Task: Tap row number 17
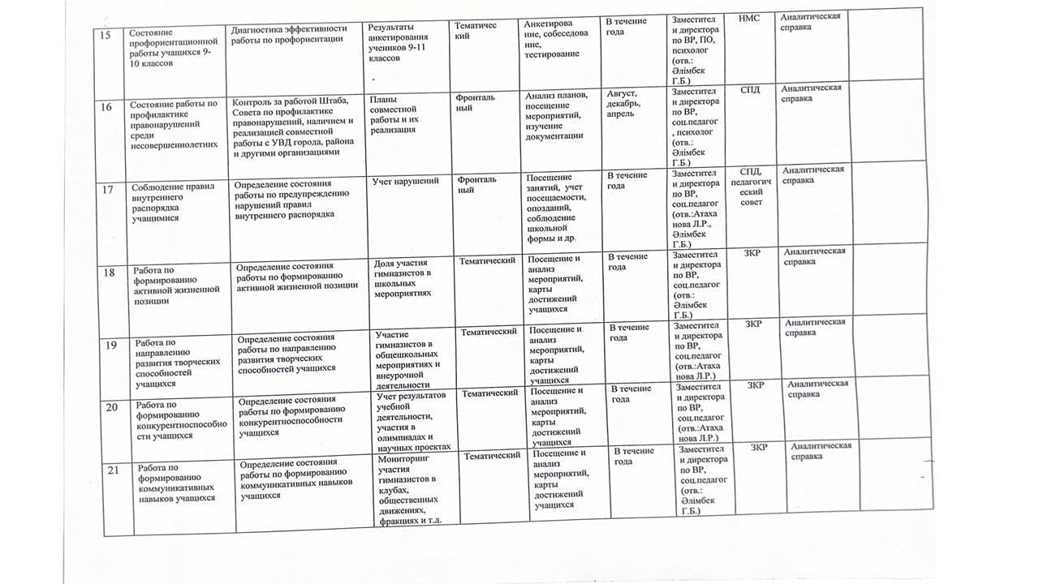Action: pyautogui.click(x=107, y=190)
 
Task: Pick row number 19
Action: pyautogui.click(x=111, y=346)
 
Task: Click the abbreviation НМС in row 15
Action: pyautogui.click(x=751, y=19)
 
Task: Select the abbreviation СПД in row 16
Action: pyautogui.click(x=751, y=89)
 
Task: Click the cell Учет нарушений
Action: pyautogui.click(x=405, y=181)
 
